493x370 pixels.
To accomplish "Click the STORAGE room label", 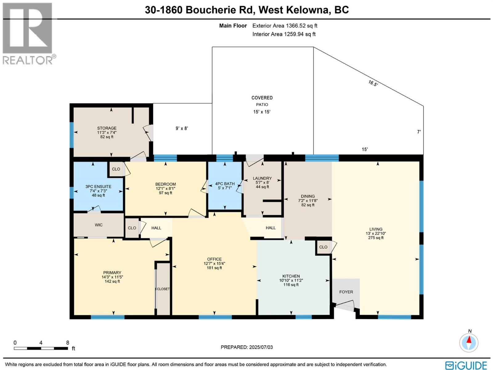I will (107, 128).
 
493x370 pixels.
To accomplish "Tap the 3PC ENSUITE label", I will (98, 187).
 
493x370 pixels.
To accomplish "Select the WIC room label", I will (99, 225).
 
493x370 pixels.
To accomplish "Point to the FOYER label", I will (346, 292).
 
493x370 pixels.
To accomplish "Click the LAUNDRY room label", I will (262, 178).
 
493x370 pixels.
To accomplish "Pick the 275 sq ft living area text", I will (376, 238).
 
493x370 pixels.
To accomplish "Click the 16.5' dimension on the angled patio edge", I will (373, 83).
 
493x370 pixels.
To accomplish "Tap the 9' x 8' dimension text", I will (182, 128).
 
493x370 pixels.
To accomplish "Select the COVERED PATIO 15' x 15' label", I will (262, 105).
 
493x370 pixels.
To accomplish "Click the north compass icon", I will (469, 342).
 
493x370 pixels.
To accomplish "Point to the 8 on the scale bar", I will (67, 343).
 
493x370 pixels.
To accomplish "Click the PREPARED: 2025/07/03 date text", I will (246, 347).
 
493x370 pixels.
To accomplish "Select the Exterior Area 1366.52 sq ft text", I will (285, 26).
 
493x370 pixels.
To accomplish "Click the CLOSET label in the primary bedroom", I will (163, 289).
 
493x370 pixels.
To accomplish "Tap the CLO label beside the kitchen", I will (323, 247).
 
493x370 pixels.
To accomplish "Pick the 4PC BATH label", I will (225, 184).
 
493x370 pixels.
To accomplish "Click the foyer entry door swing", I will (345, 306).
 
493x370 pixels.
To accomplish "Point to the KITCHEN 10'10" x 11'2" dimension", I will (291, 281).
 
